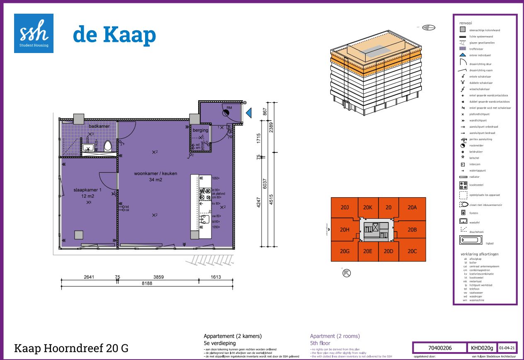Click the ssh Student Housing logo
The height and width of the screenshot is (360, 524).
pyautogui.click(x=34, y=33)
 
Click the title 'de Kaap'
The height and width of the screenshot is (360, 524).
pyautogui.click(x=114, y=35)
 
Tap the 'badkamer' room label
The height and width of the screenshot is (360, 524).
pyautogui.click(x=99, y=126)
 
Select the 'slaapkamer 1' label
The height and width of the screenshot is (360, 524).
pyautogui.click(x=88, y=189)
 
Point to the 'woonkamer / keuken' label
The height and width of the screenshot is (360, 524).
pyautogui.click(x=155, y=174)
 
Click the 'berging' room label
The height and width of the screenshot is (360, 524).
pyautogui.click(x=200, y=130)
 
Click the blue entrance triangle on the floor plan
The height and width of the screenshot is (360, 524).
pyautogui.click(x=249, y=113)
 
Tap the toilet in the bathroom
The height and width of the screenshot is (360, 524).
pyautogui.click(x=108, y=146)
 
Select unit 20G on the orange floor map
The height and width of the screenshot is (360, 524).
pyautogui.click(x=344, y=251)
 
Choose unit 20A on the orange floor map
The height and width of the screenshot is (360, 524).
pyautogui.click(x=412, y=208)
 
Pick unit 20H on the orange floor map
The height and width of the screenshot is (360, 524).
pyautogui.click(x=344, y=230)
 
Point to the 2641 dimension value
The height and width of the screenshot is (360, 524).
pyautogui.click(x=88, y=277)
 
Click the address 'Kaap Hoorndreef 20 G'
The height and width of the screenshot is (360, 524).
pyautogui.click(x=71, y=348)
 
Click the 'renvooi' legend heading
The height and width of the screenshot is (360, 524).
pyautogui.click(x=466, y=23)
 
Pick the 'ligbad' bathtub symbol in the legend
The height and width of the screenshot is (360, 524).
pyautogui.click(x=471, y=239)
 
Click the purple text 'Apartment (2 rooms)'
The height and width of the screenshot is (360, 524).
pyautogui.click(x=335, y=336)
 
